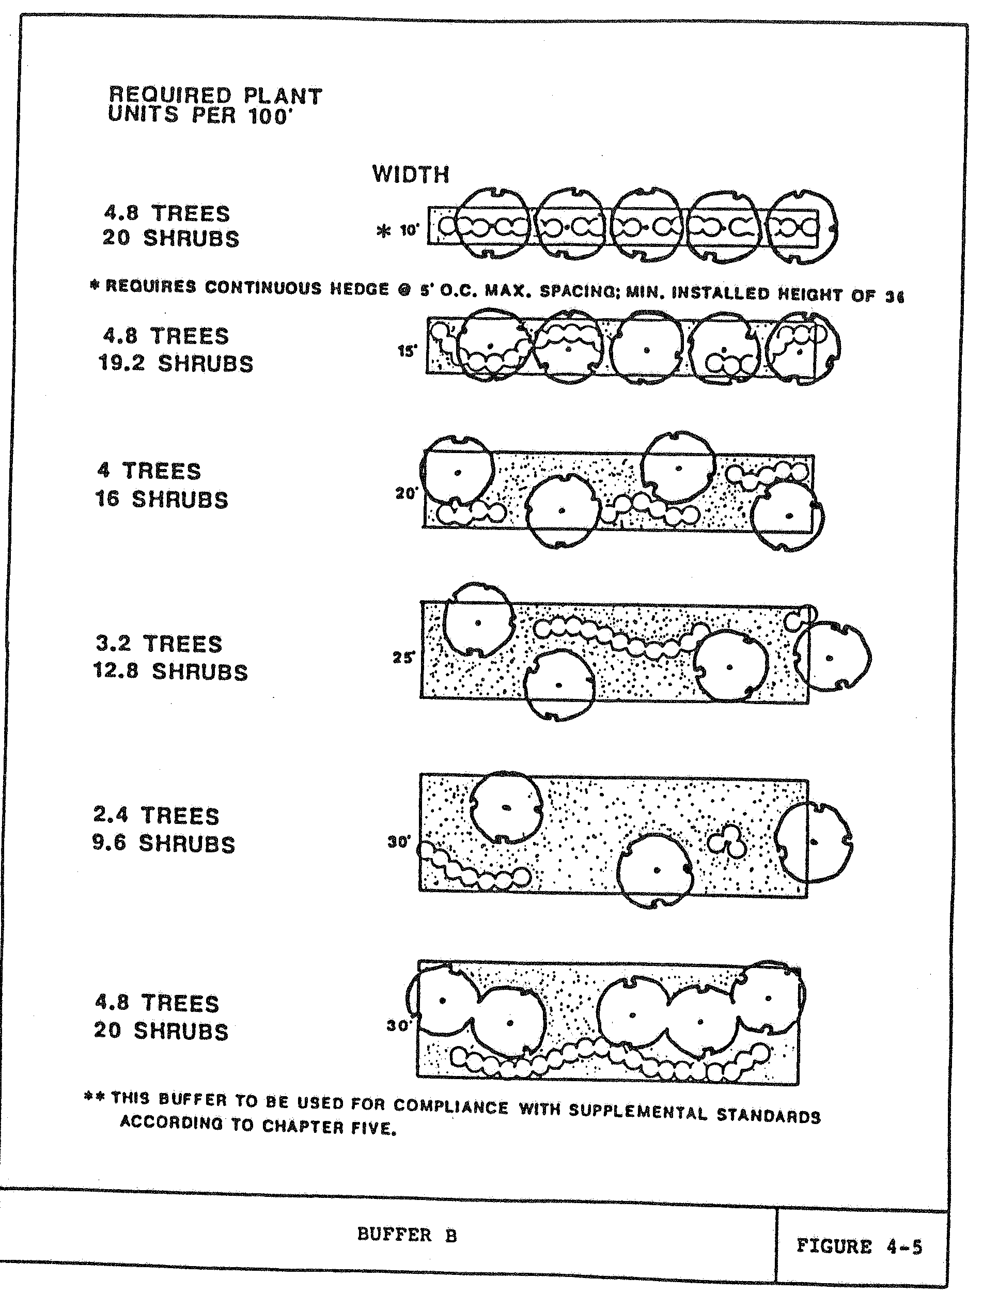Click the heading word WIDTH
pos(410,175)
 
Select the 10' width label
pos(409,230)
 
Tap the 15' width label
pos(407,351)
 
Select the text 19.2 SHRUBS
pos(176,363)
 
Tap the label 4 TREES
pos(149,472)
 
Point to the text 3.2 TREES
pos(159,644)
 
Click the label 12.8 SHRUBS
pos(170,672)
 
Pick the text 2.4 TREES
pos(157,816)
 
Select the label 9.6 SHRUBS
pos(163,844)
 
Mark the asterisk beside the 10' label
pos(384,231)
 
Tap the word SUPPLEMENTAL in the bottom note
pos(638,1112)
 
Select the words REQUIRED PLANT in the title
pos(215,96)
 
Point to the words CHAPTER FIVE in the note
pos(329,1127)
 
